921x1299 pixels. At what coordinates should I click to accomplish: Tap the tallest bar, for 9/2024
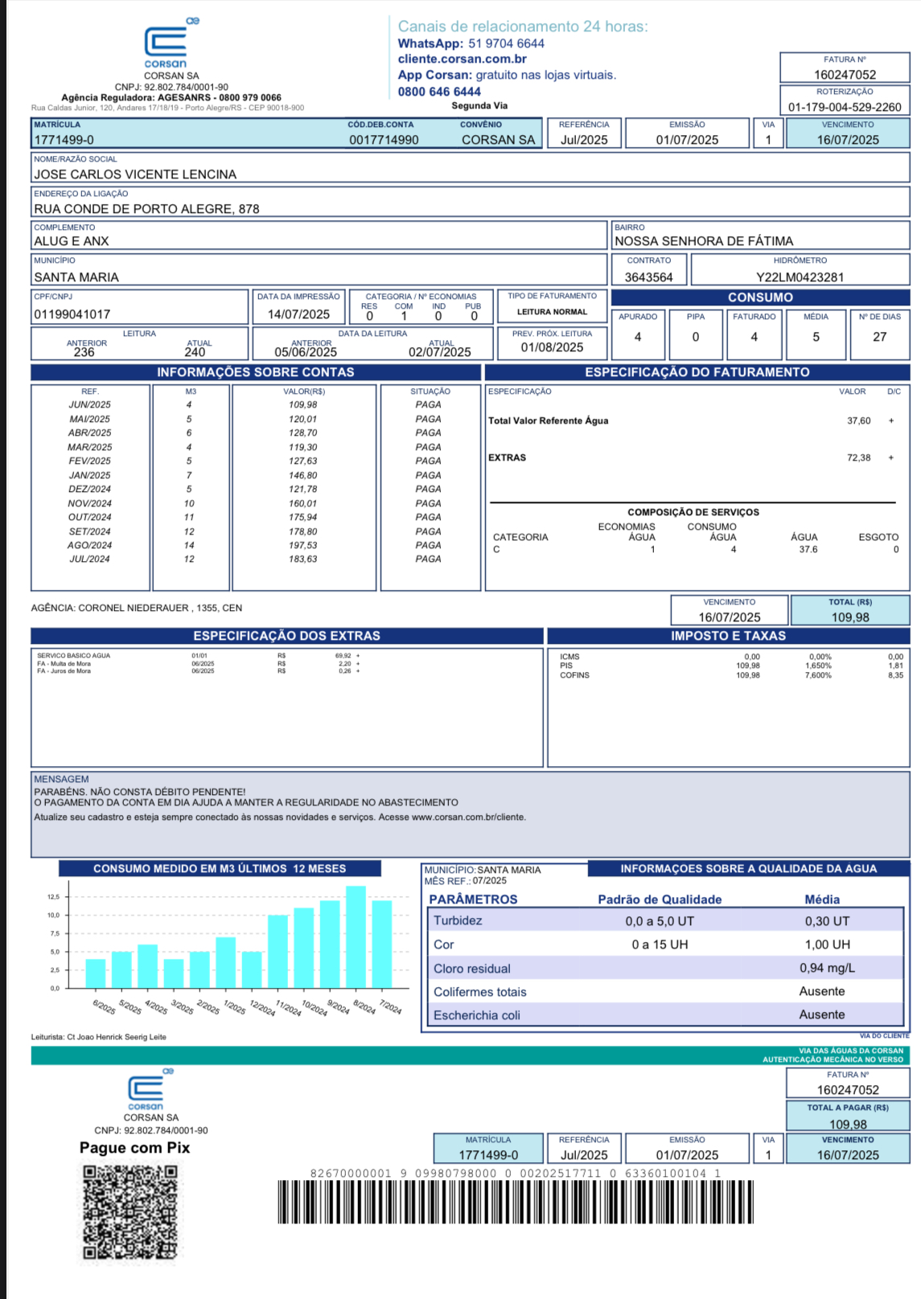click(356, 936)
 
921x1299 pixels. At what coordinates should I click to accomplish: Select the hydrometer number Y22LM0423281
click(800, 277)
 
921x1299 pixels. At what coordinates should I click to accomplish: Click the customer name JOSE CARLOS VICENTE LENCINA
click(135, 174)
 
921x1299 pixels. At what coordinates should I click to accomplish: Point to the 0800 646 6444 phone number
click(439, 92)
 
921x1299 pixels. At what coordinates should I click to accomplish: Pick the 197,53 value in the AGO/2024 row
click(303, 545)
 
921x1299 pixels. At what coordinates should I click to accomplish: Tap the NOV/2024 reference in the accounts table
click(89, 503)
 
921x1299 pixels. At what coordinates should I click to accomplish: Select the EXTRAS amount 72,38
click(858, 457)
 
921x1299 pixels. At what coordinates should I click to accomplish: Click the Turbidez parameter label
click(458, 921)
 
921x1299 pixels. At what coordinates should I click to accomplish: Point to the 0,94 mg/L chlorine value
click(827, 969)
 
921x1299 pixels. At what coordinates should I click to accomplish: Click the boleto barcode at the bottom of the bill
click(515, 1203)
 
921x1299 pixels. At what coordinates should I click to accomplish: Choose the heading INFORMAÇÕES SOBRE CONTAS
click(256, 372)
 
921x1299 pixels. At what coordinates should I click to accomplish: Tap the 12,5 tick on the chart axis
click(53, 896)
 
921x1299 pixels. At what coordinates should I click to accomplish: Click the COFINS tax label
click(574, 675)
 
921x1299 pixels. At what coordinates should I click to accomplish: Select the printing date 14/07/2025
click(298, 314)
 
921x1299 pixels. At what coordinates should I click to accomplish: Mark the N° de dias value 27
click(879, 337)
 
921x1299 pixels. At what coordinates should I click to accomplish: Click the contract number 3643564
click(648, 277)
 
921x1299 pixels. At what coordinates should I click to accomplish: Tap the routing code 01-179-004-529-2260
click(845, 107)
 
